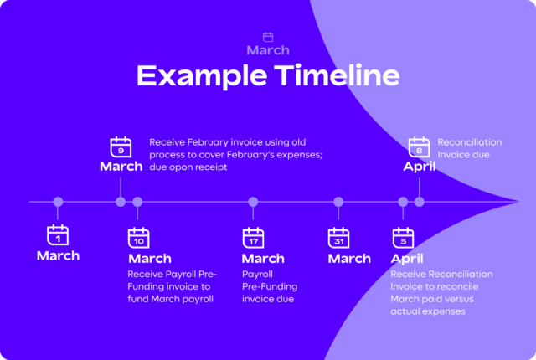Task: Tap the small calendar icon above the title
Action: pos(268,37)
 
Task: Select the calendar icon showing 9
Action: pos(121,147)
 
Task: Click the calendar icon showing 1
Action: pos(58,235)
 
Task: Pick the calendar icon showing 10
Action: pos(138,238)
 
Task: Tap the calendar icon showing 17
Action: pos(253,238)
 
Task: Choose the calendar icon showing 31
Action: pos(338,238)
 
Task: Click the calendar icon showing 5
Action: pos(403,238)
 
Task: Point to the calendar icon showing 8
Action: pos(419,147)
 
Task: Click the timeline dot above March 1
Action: pos(58,202)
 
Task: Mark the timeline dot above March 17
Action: pos(253,202)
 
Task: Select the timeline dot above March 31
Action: pos(338,202)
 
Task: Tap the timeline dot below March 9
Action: pos(121,202)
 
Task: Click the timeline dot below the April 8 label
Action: pos(419,202)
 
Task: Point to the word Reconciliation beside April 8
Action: pos(470,142)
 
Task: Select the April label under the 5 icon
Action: pos(407,259)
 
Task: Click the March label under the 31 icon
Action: pos(349,259)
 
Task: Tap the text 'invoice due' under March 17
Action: pos(268,299)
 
